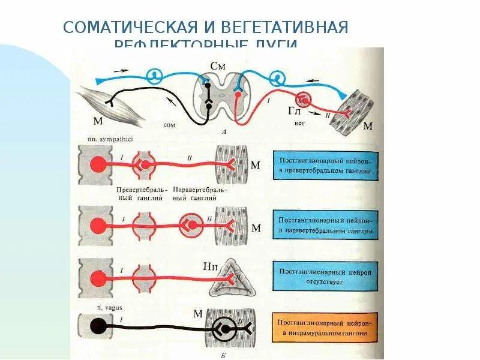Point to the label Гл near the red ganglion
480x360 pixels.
pos(294,110)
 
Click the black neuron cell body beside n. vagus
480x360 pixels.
pos(96,327)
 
